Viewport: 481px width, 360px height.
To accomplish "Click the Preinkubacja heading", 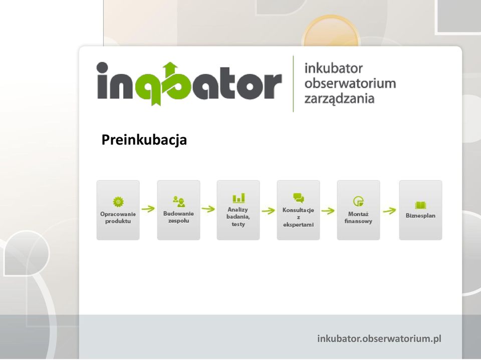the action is tap(144, 140).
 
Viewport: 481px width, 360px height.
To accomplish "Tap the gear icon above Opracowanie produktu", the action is tap(118, 202).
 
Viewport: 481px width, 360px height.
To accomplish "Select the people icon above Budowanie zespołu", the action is tap(178, 201).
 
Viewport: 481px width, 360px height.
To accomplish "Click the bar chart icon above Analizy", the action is tap(238, 198).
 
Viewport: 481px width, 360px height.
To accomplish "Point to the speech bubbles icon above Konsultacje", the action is tap(299, 198).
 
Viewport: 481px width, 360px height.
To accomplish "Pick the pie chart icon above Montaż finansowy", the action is tap(358, 201).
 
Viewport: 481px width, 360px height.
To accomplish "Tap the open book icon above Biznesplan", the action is tap(420, 205).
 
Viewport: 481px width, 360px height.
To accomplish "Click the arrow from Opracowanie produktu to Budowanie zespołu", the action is tap(148, 209).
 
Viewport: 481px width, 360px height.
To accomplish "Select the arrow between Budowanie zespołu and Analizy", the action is tap(208, 209).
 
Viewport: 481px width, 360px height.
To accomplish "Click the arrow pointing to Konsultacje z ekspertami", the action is tap(269, 211).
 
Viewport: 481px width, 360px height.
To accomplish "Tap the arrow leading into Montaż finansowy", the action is tap(328, 211).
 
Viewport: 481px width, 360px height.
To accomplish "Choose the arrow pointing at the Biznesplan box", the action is tap(390, 211).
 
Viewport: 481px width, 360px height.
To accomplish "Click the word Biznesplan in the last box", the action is tap(420, 216).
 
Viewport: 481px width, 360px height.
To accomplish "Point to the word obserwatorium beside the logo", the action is tap(350, 84).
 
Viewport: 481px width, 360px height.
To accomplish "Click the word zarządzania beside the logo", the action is tap(339, 99).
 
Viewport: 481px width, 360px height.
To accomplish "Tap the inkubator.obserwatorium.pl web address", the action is tap(379, 339).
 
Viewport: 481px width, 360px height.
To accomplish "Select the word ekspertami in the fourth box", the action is tap(299, 224).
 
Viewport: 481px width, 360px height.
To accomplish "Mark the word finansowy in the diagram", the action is tap(358, 221).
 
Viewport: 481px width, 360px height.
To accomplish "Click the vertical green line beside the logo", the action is tap(293, 84).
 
